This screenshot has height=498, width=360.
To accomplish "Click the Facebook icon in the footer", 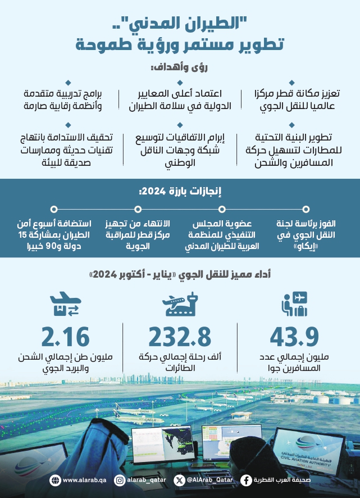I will pyautogui.click(x=246, y=480).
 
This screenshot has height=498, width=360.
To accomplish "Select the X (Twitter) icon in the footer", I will pyautogui.click(x=179, y=480).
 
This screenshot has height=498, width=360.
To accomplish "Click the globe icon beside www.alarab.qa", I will pyautogui.click(x=54, y=480).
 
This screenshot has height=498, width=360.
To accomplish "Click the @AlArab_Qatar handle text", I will pyautogui.click(x=207, y=480).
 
